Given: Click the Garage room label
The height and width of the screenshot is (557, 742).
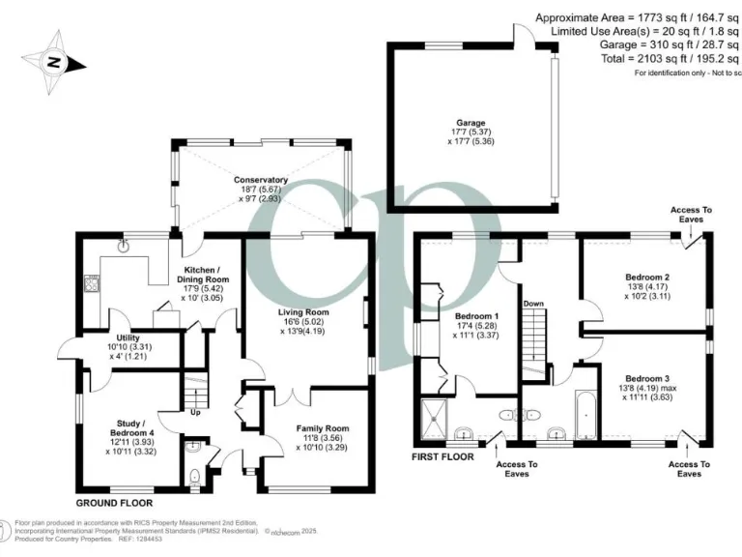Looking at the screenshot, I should (472, 124).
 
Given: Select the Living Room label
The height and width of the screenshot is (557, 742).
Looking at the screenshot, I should (304, 313).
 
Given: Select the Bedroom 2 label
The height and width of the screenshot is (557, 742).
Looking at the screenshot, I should (647, 277).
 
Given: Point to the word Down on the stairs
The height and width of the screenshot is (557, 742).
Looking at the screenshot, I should (533, 304).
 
